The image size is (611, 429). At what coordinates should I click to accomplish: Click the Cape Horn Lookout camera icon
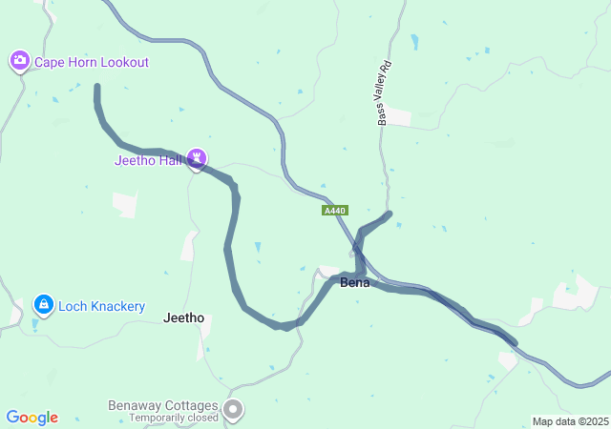(x=19, y=62)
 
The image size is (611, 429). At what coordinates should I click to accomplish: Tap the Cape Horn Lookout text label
(x=92, y=62)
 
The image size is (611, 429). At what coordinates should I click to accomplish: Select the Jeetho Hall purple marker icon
(x=197, y=157)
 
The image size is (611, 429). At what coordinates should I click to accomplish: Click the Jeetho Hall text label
(x=148, y=159)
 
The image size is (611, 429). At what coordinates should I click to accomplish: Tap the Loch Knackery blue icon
(x=43, y=305)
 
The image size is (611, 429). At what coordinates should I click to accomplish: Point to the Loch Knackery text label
(x=101, y=306)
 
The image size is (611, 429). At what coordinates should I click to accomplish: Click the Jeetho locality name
(x=184, y=317)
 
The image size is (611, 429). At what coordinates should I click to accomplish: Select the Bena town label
(x=355, y=283)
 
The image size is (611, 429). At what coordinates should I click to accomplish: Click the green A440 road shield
(x=335, y=210)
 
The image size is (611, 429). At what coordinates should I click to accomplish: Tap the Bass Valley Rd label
(x=384, y=94)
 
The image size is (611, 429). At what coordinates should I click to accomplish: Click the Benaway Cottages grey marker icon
(x=233, y=410)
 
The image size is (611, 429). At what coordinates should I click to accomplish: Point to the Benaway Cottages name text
(x=162, y=406)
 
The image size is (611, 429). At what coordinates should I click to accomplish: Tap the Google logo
(x=32, y=418)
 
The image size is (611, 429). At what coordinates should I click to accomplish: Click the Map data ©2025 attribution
(x=570, y=421)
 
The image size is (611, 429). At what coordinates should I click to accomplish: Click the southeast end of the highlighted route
(x=515, y=342)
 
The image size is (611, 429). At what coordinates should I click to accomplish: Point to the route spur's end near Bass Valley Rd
(x=390, y=214)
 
